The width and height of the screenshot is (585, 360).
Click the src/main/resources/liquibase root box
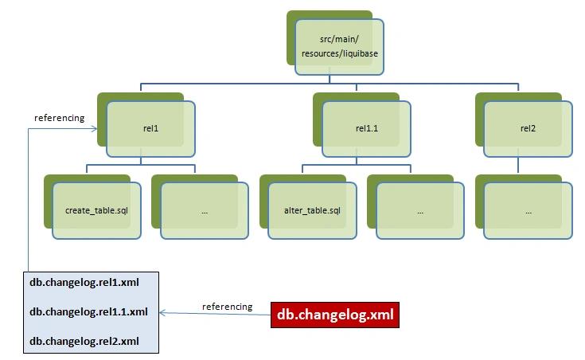click(339, 47)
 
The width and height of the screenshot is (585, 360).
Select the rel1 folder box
click(150, 129)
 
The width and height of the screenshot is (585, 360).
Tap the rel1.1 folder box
click(366, 129)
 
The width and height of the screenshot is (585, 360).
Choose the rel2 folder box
click(528, 129)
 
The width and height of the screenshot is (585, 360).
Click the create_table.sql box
click(96, 210)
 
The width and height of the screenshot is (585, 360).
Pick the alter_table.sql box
click(312, 210)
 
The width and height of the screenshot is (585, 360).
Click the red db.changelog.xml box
click(335, 315)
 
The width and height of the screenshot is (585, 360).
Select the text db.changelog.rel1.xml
click(84, 282)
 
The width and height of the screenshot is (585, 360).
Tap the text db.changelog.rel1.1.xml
click(89, 312)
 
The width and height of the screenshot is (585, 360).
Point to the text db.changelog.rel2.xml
click(84, 342)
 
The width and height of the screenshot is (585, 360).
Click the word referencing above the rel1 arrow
click(60, 118)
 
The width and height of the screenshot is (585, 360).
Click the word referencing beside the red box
click(227, 307)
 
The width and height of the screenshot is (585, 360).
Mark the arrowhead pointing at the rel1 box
click(94, 129)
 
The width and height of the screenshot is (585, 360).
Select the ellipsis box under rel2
click(528, 210)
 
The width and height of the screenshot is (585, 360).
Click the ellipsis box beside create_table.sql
click(205, 210)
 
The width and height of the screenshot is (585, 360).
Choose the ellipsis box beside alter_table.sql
click(420, 210)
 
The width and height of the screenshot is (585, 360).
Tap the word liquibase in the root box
click(360, 54)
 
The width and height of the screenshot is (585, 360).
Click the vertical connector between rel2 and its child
click(518, 165)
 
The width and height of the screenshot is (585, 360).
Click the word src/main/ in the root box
click(339, 39)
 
